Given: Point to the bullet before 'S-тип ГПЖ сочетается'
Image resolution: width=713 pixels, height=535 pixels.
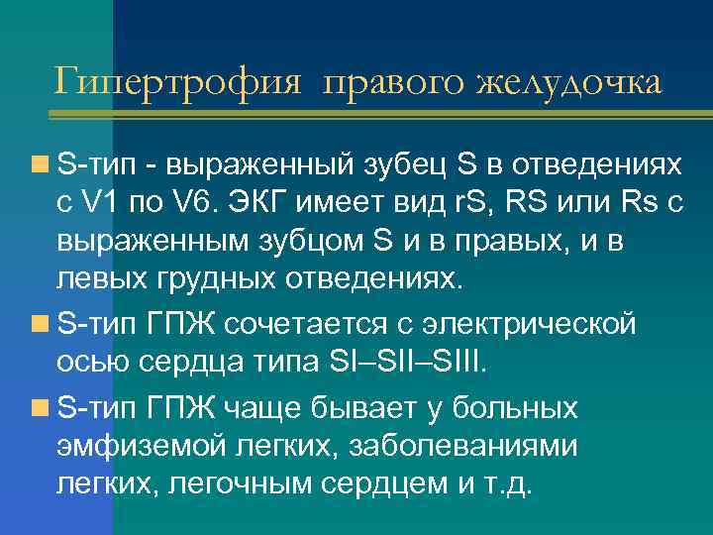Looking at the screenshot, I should coord(40,323).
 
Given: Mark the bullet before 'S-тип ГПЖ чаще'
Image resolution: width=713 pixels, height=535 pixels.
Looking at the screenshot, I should coord(40,406).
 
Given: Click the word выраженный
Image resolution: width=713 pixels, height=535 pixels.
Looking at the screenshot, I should coord(263,160).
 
